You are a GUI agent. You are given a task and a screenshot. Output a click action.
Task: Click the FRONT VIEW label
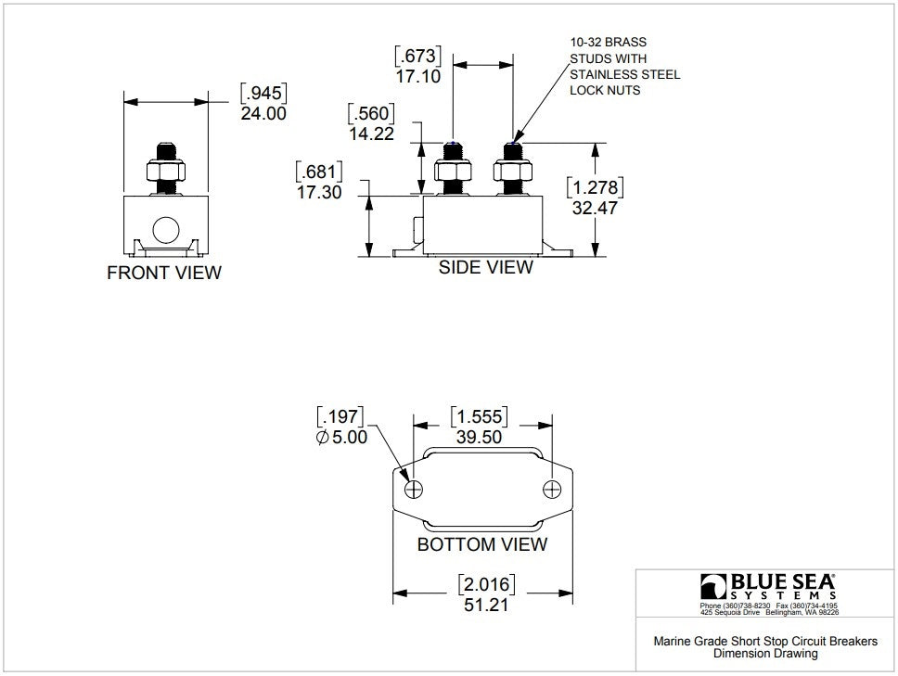(x=164, y=273)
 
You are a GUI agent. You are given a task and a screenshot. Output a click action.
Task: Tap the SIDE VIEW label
(x=486, y=267)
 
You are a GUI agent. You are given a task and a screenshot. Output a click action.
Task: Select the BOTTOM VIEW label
(x=482, y=543)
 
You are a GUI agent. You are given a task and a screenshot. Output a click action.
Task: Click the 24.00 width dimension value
(x=263, y=113)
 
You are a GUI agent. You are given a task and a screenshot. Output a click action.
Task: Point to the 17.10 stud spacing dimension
(x=418, y=76)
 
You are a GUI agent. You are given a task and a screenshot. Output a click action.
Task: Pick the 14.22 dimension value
(x=372, y=134)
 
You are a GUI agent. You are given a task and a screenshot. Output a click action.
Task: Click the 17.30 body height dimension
(x=319, y=192)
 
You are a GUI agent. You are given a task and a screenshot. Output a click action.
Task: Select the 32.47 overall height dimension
(x=595, y=208)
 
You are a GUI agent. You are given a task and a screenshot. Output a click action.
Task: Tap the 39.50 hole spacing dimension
(x=480, y=437)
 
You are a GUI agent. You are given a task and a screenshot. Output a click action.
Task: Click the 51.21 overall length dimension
(x=486, y=605)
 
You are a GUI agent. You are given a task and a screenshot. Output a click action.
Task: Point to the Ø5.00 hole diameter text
(x=341, y=437)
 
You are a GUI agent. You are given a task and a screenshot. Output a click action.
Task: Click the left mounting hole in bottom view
(x=414, y=490)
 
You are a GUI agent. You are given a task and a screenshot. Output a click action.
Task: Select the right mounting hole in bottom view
(x=552, y=490)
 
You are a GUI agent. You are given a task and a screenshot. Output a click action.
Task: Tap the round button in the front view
(x=166, y=230)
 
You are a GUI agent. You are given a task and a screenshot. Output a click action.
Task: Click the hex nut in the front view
(x=166, y=170)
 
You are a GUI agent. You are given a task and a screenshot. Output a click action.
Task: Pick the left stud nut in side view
(x=453, y=171)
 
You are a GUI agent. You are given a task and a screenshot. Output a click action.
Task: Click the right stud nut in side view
(x=513, y=171)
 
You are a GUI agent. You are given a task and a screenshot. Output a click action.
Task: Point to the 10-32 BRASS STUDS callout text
(x=625, y=66)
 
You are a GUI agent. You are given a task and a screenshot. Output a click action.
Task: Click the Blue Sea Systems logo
(x=768, y=587)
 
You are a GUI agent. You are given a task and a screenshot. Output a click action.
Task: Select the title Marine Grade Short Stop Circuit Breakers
(x=765, y=641)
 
